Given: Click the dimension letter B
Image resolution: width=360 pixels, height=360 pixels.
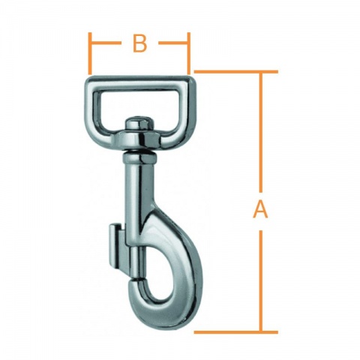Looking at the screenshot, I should pyautogui.click(x=139, y=44).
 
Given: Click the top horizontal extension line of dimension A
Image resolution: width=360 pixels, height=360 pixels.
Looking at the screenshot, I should pyautogui.click(x=232, y=72).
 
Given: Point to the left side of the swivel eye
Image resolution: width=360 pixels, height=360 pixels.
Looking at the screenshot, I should pyautogui.click(x=95, y=105).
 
